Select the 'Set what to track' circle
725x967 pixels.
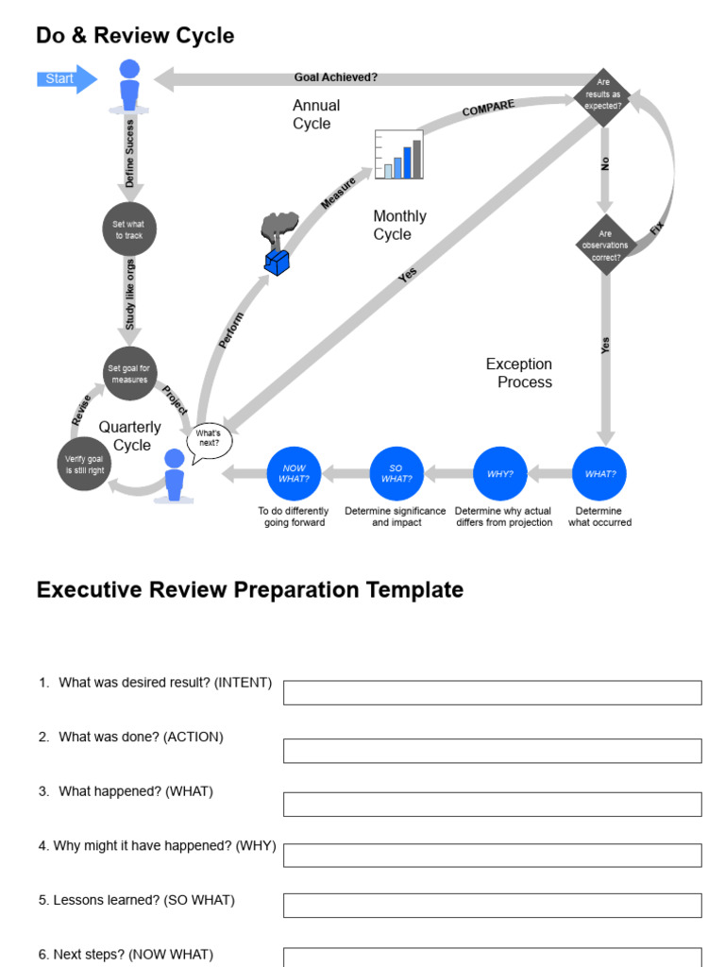pyautogui.click(x=128, y=229)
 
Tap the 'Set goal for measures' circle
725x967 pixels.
pyautogui.click(x=128, y=374)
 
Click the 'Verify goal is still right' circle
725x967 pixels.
pyautogui.click(x=84, y=464)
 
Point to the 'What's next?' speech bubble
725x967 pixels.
pyautogui.click(x=209, y=439)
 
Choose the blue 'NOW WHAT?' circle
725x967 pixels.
pyautogui.click(x=294, y=473)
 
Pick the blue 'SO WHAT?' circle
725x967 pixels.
pyautogui.click(x=396, y=473)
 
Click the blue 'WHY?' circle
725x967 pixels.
pyautogui.click(x=499, y=473)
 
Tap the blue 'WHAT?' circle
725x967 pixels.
pyautogui.click(x=599, y=473)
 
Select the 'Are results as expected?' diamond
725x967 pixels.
pyautogui.click(x=603, y=95)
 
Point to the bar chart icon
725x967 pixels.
pyautogui.click(x=398, y=155)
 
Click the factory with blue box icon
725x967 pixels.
pyautogui.click(x=277, y=245)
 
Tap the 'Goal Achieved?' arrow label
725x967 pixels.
pyautogui.click(x=335, y=78)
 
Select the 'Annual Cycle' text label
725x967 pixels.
pyautogui.click(x=315, y=114)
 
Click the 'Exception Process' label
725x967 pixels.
pyautogui.click(x=518, y=373)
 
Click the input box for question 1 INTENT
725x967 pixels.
pyautogui.click(x=492, y=692)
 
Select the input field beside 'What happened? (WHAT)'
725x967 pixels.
pyautogui.click(x=492, y=804)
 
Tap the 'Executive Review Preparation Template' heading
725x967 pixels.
pyautogui.click(x=249, y=590)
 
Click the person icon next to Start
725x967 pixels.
pyautogui.click(x=129, y=86)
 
